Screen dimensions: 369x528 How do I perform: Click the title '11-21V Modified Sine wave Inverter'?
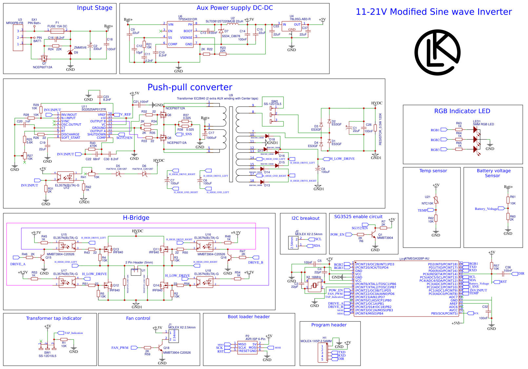tap(433, 12)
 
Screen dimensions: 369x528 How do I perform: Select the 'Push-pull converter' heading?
tap(190, 87)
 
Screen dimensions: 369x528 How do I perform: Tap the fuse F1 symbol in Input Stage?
tap(57, 31)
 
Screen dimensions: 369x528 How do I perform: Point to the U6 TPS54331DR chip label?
tap(187, 19)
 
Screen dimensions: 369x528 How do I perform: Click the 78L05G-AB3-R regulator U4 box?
tap(292, 27)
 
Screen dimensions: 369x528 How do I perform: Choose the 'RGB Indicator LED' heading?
tap(462, 111)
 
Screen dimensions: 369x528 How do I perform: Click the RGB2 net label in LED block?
tap(435, 140)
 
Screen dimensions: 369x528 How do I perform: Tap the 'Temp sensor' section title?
tap(433, 171)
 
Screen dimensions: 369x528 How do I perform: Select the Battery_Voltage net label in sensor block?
tap(486, 209)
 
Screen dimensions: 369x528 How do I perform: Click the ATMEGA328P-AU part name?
tap(417, 259)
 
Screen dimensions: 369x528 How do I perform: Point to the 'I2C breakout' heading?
tap(305, 218)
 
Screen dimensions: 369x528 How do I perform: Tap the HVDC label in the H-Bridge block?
tap(137, 231)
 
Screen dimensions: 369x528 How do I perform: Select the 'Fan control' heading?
tap(138, 318)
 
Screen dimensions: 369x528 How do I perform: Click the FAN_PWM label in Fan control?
tap(120, 348)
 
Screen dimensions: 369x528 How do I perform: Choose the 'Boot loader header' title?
tap(249, 317)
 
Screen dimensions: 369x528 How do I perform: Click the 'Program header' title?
tap(329, 325)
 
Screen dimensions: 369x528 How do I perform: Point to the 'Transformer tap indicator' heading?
tap(54, 318)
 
